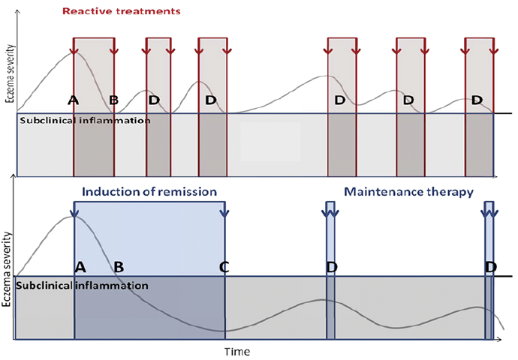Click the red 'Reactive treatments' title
click(x=122, y=11)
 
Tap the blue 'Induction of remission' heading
click(x=149, y=192)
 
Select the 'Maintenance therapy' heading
click(x=409, y=192)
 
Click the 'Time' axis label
click(x=237, y=352)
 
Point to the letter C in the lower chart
click(x=224, y=266)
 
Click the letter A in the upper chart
click(x=74, y=100)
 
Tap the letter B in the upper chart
click(x=113, y=100)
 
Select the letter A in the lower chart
click(x=80, y=266)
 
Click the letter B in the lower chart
click(x=119, y=266)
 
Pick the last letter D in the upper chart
click(x=477, y=100)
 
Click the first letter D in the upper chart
click(x=154, y=100)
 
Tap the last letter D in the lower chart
click(x=491, y=266)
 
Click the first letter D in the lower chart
click(x=332, y=266)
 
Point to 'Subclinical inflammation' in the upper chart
click(x=86, y=121)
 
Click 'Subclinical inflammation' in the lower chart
click(x=82, y=286)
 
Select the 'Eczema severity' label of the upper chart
click(x=11, y=73)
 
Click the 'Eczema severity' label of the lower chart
click(x=6, y=269)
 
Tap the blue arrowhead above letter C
click(x=224, y=213)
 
